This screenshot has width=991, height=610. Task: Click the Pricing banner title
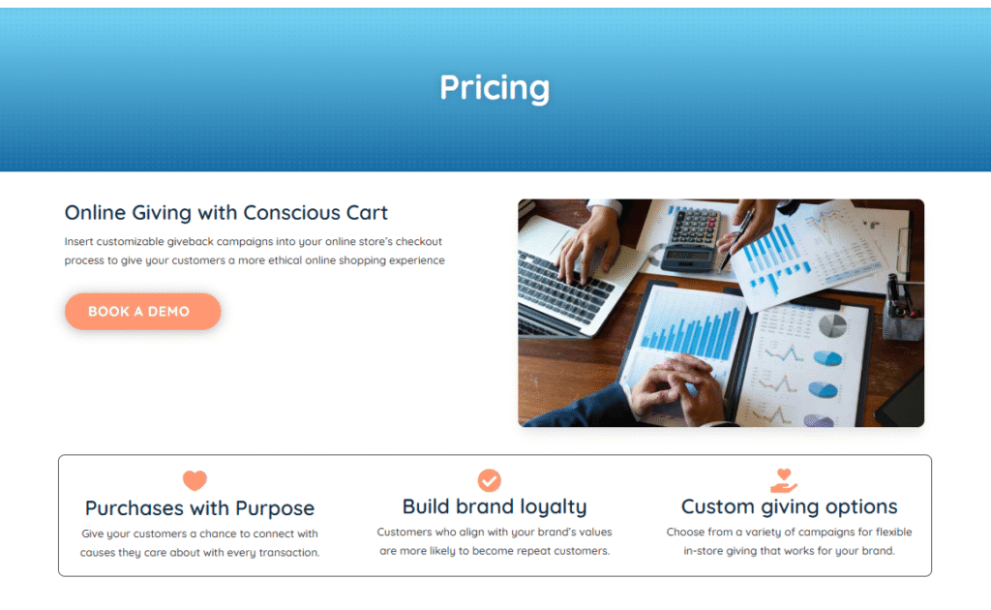coord(495,88)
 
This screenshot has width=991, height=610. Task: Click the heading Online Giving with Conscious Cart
coord(225,212)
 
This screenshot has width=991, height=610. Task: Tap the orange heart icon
coord(195,480)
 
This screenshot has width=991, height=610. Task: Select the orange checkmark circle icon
coord(489,480)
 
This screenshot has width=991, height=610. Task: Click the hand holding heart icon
coord(784,480)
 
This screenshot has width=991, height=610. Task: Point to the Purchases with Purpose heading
coord(199,508)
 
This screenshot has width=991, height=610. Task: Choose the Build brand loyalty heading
coord(495,507)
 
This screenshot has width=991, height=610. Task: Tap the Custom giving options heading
coord(789,507)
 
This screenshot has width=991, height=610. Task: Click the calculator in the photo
coord(690,239)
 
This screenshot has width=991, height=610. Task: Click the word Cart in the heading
coord(367,213)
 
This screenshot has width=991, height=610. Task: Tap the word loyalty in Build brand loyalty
coord(553,507)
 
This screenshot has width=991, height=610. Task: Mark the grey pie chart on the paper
coord(832,326)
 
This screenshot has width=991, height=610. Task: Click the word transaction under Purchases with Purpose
coord(288,553)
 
